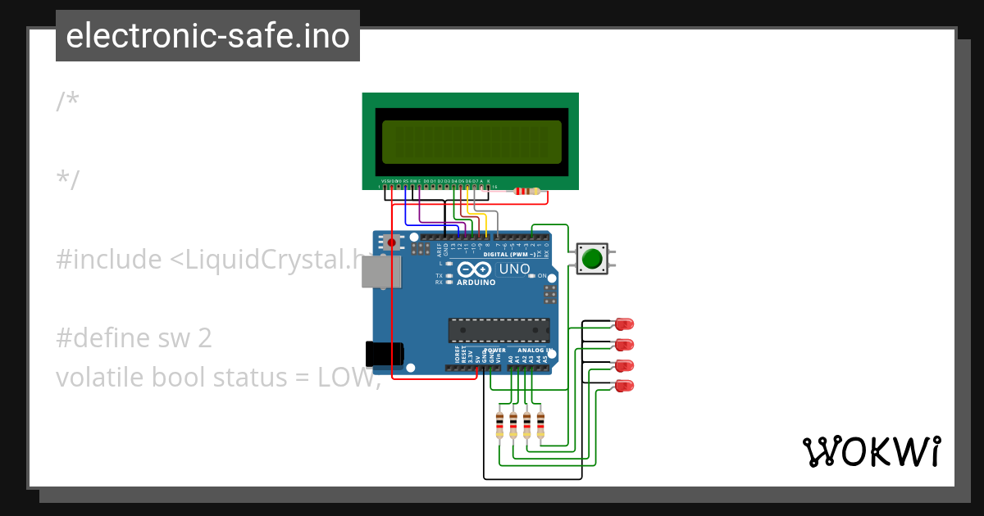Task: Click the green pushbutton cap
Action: [x=591, y=259]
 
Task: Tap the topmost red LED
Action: [x=625, y=324]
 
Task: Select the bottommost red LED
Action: [x=625, y=385]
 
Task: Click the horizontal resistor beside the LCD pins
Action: [x=526, y=192]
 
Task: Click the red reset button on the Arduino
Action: [x=391, y=242]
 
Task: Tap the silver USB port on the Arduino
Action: [x=381, y=272]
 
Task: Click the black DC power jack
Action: [x=384, y=353]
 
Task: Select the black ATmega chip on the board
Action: [x=499, y=330]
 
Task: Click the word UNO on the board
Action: [x=515, y=269]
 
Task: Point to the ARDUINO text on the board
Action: [x=476, y=283]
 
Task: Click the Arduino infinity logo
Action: [x=476, y=269]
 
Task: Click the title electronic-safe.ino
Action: [x=207, y=36]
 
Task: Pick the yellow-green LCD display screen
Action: [x=471, y=142]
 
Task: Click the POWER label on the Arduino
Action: [x=495, y=350]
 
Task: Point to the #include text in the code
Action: [x=109, y=260]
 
